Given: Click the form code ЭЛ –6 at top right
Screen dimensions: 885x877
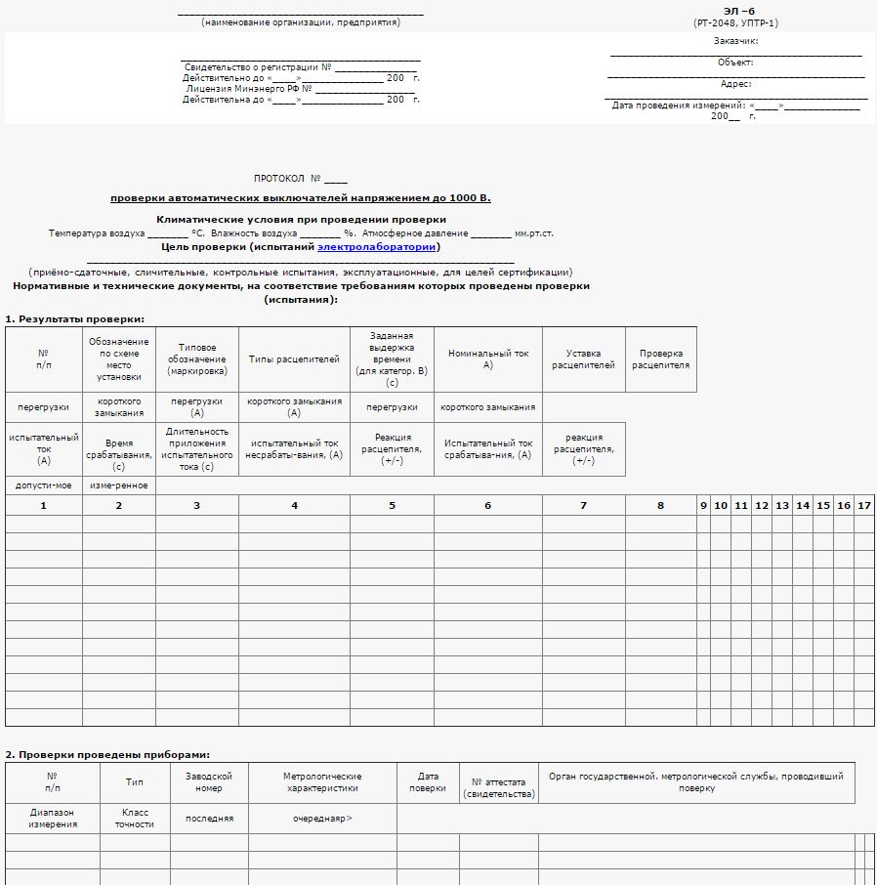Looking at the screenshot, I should pos(738,12).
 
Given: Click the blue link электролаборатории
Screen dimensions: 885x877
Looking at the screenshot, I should pos(376,247).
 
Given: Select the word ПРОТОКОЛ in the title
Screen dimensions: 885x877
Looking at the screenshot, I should pos(279,179).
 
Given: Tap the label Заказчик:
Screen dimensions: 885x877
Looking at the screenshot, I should pos(735,41).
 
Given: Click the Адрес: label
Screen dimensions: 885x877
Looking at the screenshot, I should pos(735,84).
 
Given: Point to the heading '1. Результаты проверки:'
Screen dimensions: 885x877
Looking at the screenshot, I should pos(75,319).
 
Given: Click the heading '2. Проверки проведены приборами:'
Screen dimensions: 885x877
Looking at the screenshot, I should pos(107,754).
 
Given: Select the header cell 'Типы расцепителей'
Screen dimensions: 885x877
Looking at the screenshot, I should pos(294,359).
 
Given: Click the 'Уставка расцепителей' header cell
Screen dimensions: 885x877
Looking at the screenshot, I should pos(583,359).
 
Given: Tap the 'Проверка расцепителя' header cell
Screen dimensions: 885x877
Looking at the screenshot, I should pos(660,359).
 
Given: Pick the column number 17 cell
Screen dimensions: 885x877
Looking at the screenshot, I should pos(863,505).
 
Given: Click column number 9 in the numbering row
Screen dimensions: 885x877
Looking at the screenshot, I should pos(703,505).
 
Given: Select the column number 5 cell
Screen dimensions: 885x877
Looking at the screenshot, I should pos(392,505).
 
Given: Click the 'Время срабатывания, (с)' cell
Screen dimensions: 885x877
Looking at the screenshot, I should pos(118,449).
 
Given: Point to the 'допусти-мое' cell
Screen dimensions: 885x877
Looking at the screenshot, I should pos(43,485).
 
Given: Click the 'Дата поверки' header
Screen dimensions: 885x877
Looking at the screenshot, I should pos(427,782).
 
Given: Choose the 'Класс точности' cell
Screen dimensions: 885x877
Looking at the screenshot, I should pos(135,818).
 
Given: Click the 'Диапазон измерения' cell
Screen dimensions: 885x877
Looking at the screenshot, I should pos(52,818).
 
